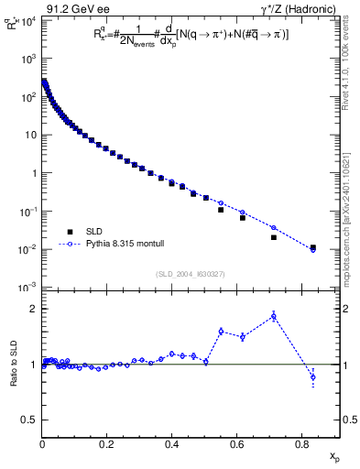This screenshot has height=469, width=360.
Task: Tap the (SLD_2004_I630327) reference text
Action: (190, 274)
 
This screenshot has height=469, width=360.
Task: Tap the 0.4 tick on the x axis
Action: (171, 445)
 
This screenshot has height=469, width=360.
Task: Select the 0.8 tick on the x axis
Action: (301, 445)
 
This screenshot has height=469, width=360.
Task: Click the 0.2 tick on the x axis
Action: (107, 445)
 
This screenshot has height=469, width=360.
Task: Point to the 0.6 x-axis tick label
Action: (236, 445)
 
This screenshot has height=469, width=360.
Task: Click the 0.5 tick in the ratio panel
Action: (29, 420)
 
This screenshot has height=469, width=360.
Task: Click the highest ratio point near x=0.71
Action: (274, 317)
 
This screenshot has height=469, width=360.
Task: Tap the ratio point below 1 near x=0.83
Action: (313, 377)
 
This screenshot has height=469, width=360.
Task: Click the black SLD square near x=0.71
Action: (274, 237)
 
